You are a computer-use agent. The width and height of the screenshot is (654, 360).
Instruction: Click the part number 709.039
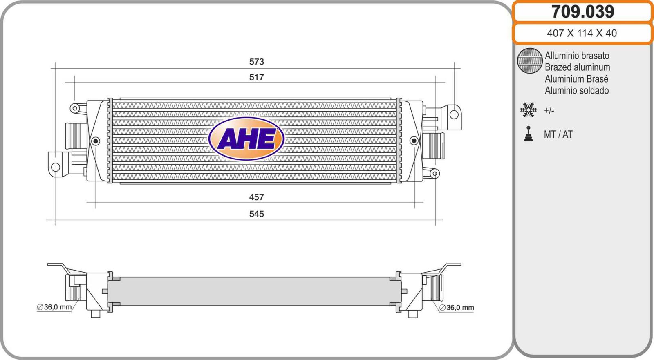tap(582, 12)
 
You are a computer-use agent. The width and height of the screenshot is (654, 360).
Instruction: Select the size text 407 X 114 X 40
tap(582, 33)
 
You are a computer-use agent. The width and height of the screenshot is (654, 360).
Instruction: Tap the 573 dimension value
tap(256, 62)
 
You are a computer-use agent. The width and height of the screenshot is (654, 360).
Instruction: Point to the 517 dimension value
tap(256, 77)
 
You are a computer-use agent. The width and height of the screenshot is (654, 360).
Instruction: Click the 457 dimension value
tap(256, 197)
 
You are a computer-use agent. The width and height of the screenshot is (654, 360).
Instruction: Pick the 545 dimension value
tap(256, 214)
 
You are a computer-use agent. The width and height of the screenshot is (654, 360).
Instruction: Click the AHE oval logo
tap(246, 139)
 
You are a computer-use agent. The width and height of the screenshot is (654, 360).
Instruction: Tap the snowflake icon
tap(528, 110)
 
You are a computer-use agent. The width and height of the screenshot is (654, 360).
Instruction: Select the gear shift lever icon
tap(528, 134)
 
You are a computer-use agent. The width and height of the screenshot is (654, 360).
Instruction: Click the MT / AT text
tap(558, 134)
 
